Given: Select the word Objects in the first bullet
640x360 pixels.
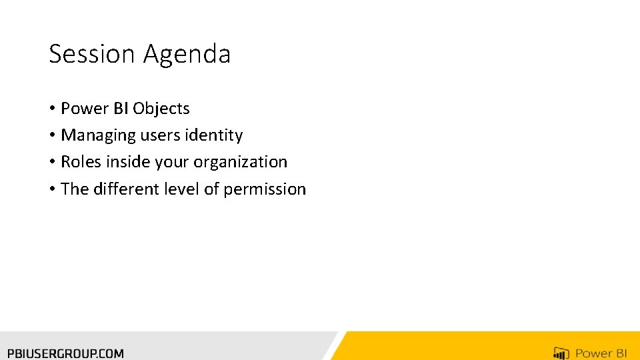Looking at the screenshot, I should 161,109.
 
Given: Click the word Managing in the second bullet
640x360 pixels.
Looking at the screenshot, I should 98,135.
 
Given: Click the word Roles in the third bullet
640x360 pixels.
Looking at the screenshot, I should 81,162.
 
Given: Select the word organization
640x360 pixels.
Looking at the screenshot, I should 241,162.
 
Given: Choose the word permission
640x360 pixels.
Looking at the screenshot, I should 265,189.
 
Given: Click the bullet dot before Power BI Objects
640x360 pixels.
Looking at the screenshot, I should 52,109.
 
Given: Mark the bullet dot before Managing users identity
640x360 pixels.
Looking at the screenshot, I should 52,136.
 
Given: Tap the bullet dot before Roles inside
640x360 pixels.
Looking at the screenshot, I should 52,163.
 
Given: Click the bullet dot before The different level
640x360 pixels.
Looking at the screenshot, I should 52,190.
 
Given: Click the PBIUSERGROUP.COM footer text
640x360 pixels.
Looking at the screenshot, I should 65,353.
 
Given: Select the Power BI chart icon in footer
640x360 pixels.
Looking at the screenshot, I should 561,353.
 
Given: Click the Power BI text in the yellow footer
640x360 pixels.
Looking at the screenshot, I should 602,353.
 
